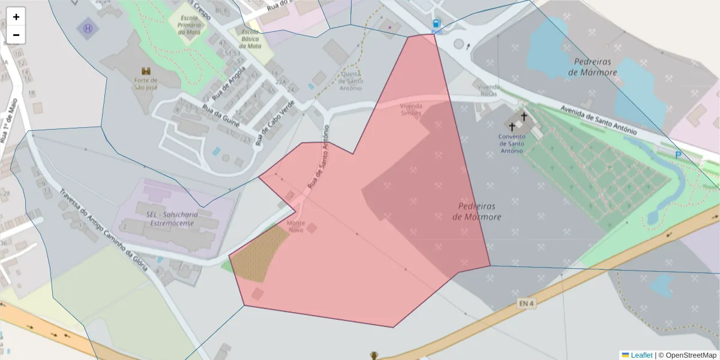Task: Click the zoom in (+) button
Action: point(16,17)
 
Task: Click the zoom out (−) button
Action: point(16,35)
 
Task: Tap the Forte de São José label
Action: point(146,83)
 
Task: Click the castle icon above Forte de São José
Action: point(146,71)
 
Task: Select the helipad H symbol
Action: point(89,28)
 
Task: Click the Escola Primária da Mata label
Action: point(190,23)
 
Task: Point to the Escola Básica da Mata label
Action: point(250,38)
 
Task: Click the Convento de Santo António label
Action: point(512,143)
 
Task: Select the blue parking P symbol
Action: point(678,155)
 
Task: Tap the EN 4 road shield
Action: point(526,304)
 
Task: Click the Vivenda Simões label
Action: point(411,109)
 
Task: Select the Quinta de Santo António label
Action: point(352,81)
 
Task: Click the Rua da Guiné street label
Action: point(221,116)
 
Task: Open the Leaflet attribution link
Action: point(641,355)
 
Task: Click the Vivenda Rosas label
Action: point(489,90)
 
